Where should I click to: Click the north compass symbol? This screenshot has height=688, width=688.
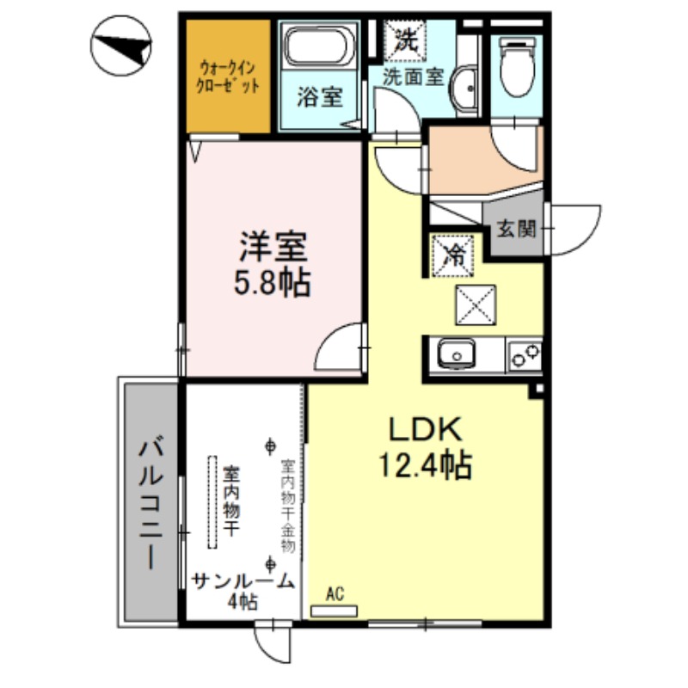pyautogui.click(x=121, y=46)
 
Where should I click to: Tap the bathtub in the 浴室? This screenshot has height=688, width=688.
pyautogui.click(x=319, y=46)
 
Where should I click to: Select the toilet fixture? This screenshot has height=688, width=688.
pyautogui.click(x=518, y=66)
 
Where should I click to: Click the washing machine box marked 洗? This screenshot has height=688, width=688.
pyautogui.click(x=405, y=40)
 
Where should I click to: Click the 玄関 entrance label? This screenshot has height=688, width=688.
pyautogui.click(x=517, y=229)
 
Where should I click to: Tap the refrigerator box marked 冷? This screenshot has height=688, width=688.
pyautogui.click(x=454, y=255)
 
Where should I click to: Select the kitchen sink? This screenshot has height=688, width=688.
pyautogui.click(x=457, y=353)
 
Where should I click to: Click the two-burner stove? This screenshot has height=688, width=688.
pyautogui.click(x=525, y=355)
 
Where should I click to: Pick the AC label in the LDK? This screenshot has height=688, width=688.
pyautogui.click(x=335, y=594)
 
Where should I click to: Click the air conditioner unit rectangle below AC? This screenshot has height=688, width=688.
pyautogui.click(x=334, y=611)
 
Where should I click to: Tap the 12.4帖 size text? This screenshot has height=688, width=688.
pyautogui.click(x=425, y=464)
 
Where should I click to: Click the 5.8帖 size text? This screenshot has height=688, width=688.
pyautogui.click(x=272, y=283)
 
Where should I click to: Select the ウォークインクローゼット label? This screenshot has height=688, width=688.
pyautogui.click(x=227, y=77)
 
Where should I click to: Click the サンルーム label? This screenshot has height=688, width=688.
pyautogui.click(x=243, y=582)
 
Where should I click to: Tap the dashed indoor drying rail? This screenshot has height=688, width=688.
pyautogui.click(x=212, y=502)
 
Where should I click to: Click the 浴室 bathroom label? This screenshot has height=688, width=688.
pyautogui.click(x=320, y=97)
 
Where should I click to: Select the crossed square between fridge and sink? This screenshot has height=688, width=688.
pyautogui.click(x=476, y=305)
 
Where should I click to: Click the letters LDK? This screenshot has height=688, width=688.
pyautogui.click(x=425, y=429)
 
